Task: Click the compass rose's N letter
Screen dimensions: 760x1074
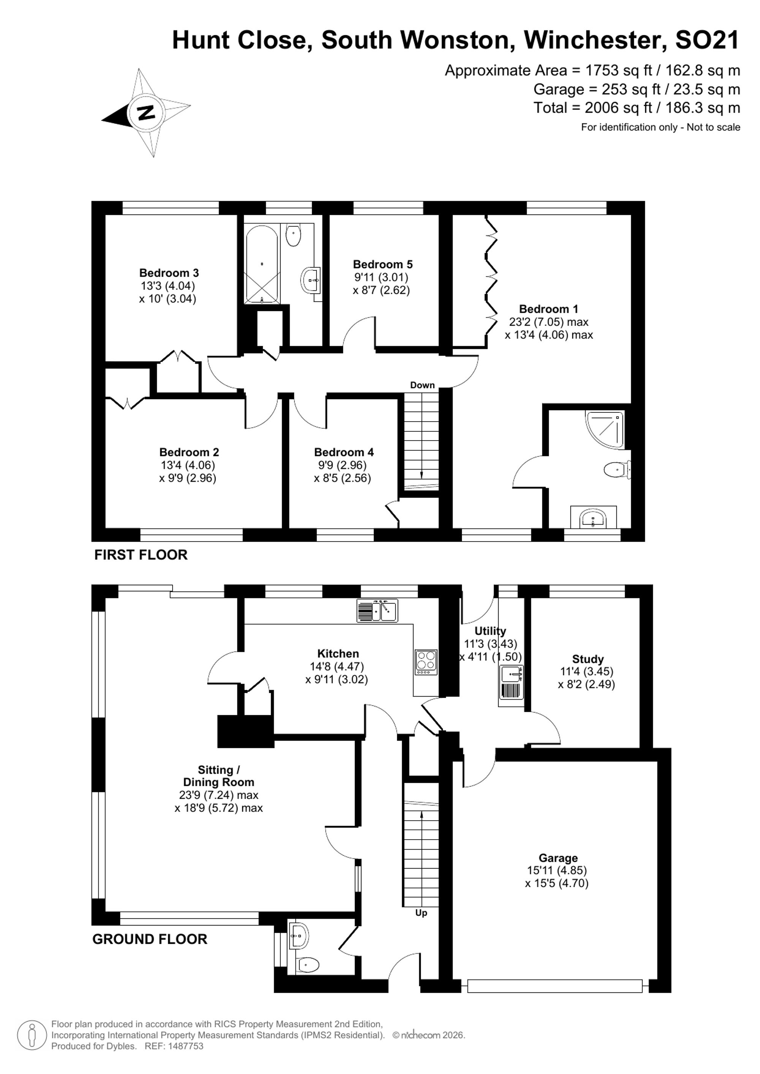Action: coord(146,113)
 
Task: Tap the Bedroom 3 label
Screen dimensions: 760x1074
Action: coord(169,273)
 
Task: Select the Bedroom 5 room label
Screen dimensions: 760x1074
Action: coord(383,264)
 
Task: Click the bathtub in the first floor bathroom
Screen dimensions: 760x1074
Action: coord(261,264)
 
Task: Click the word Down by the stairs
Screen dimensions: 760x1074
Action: coord(423,385)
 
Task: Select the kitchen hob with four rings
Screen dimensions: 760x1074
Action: coord(426,662)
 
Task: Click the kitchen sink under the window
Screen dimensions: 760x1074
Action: coord(377,610)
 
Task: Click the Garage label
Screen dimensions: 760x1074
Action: coord(558,858)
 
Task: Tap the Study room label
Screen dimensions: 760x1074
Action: coord(588,659)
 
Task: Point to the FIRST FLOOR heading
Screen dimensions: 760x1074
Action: coord(141,555)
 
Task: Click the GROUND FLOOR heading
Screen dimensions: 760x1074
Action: coord(150,939)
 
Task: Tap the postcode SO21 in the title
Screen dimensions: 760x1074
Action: coord(707,40)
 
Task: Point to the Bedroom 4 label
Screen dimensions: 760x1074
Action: coord(344,452)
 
